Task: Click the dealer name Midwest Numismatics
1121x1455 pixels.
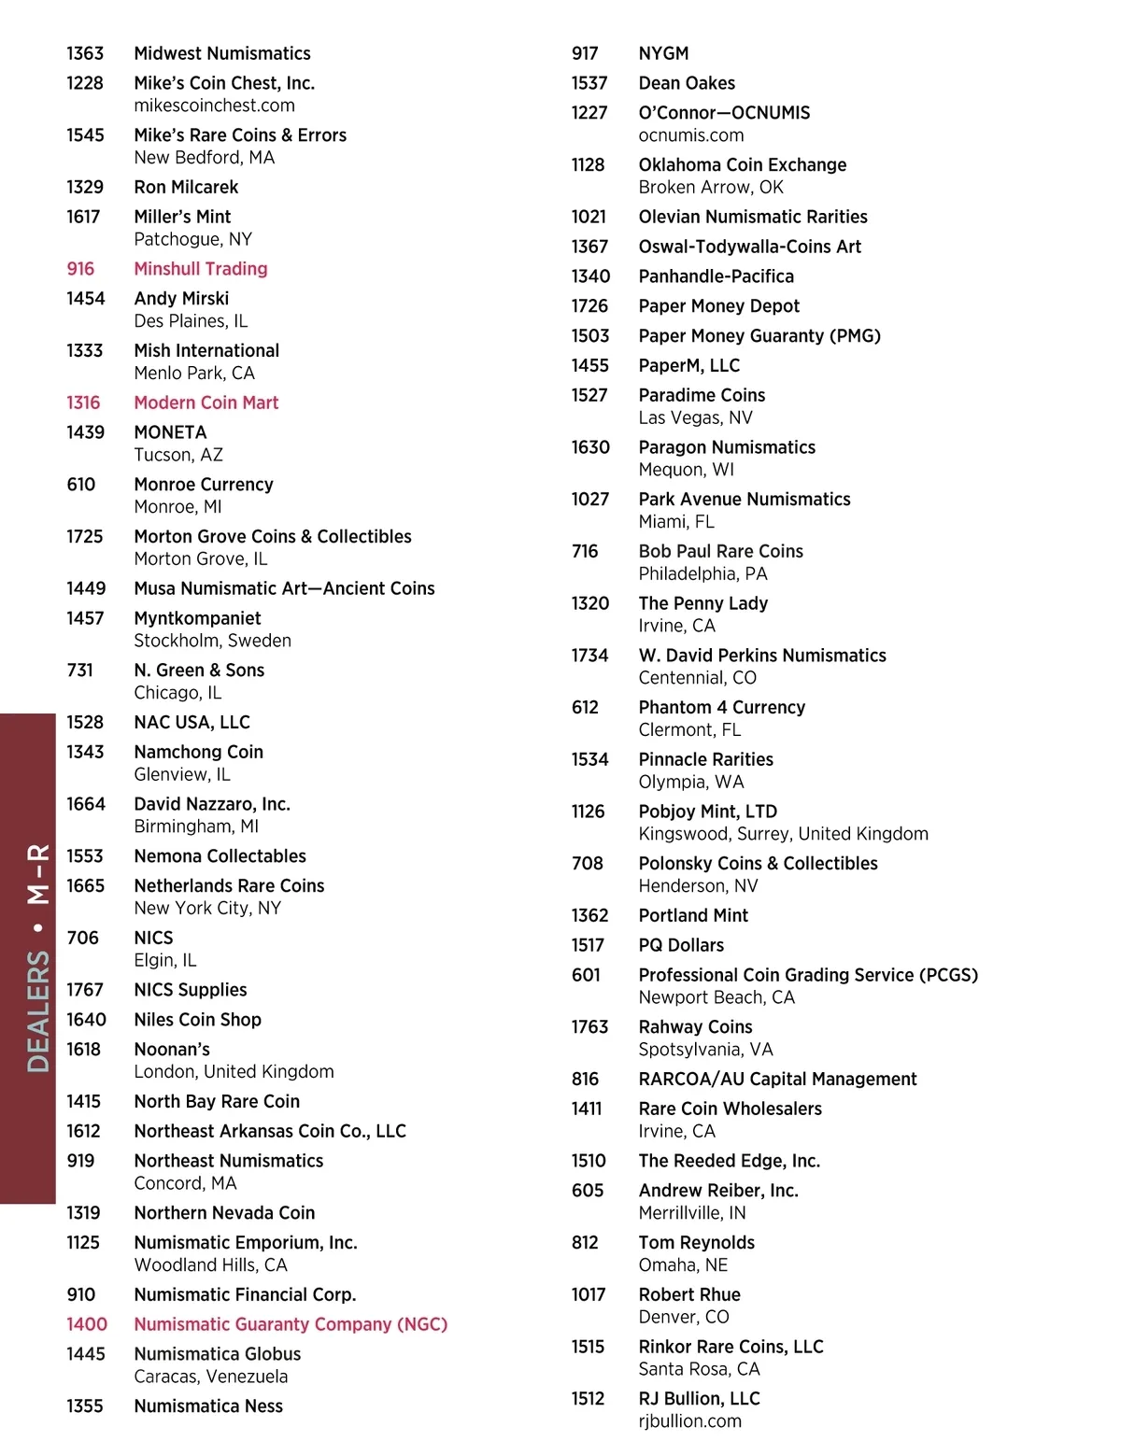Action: point(221,53)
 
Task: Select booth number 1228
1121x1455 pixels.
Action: point(85,83)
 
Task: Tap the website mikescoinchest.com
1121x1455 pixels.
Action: point(214,106)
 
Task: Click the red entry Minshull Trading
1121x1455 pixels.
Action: point(200,269)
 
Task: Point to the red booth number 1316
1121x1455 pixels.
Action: point(83,403)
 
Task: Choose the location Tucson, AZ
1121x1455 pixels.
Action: point(178,455)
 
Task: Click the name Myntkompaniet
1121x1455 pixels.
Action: point(197,618)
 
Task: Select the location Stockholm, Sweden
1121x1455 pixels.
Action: point(212,641)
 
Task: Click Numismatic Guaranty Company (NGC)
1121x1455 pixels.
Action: point(291,1324)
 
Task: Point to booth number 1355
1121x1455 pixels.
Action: point(85,1406)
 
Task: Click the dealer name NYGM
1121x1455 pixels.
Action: point(663,53)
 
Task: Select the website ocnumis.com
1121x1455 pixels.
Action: point(691,135)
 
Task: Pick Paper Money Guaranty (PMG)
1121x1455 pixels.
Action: point(759,336)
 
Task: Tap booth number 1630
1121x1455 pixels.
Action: point(590,447)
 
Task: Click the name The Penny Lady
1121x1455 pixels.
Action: point(702,603)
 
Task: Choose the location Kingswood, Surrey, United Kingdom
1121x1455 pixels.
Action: point(783,834)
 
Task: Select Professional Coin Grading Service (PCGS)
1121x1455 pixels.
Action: point(808,975)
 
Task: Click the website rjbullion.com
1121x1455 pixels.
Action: point(689,1421)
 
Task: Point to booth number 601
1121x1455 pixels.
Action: point(586,975)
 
